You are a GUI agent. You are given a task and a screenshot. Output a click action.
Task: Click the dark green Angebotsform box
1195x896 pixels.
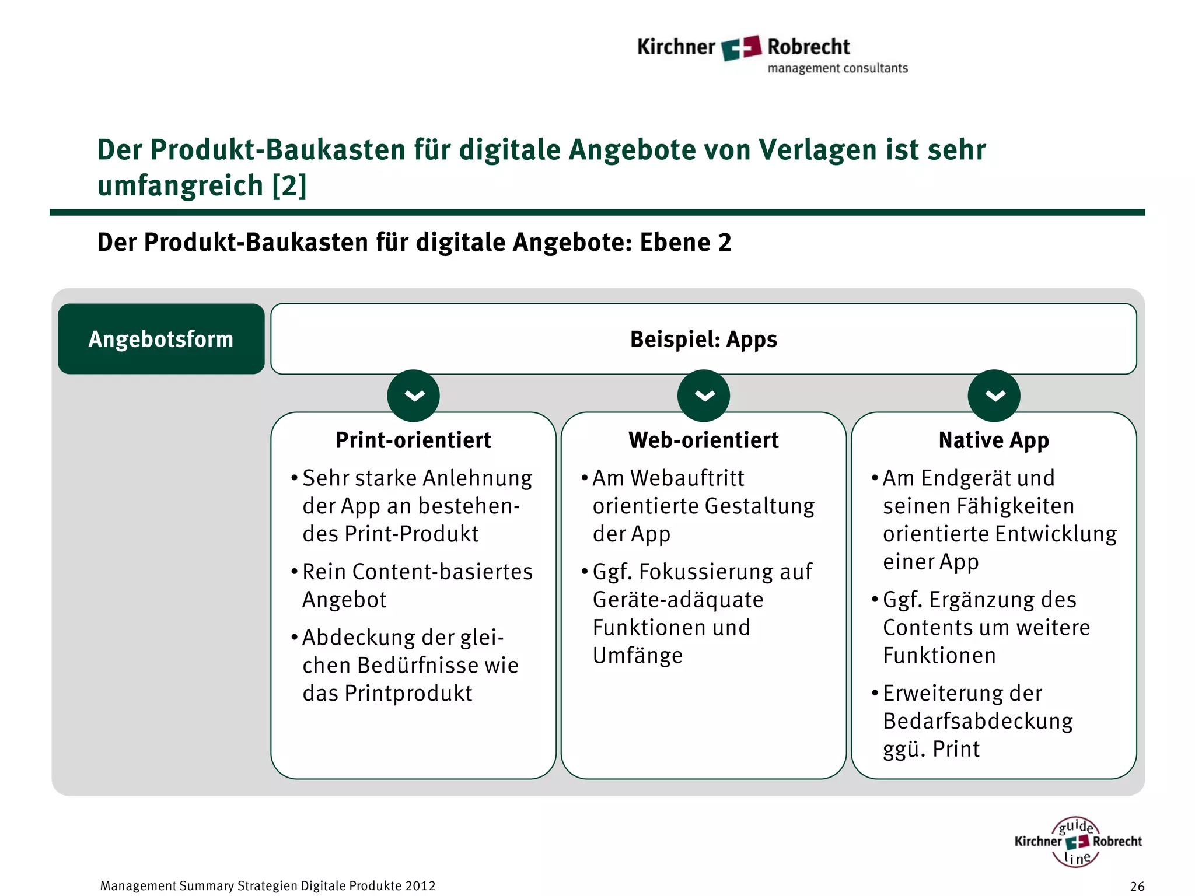(161, 339)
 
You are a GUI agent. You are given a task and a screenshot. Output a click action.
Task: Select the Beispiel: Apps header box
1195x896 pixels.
(703, 339)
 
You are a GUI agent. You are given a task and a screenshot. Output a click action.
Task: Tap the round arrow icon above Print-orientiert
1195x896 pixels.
(413, 395)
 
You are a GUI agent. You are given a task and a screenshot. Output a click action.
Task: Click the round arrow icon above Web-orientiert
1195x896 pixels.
(703, 395)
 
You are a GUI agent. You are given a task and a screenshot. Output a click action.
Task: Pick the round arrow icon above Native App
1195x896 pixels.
(994, 395)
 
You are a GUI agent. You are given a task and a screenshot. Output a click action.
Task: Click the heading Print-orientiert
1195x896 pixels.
(413, 440)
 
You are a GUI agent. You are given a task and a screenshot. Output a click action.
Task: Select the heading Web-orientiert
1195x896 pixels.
(703, 440)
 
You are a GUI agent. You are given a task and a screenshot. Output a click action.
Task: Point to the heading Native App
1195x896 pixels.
(994, 440)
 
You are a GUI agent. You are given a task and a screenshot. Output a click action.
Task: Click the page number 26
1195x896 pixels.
(1137, 886)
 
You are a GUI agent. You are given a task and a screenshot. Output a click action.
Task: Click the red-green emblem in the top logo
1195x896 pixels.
(741, 47)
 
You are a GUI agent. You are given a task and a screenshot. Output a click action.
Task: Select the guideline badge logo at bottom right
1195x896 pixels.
(1077, 842)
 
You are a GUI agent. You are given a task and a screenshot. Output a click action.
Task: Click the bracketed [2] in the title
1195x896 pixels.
(289, 185)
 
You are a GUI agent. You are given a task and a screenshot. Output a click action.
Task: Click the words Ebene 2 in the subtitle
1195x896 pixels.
(686, 243)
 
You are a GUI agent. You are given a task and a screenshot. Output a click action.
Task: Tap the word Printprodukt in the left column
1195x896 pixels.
(408, 693)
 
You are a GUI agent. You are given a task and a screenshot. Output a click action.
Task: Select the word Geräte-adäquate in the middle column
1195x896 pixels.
(678, 600)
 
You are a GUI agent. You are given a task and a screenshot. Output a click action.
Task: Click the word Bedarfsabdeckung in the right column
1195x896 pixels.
(978, 721)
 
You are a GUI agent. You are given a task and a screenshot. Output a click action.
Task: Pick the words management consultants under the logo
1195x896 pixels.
(837, 68)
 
